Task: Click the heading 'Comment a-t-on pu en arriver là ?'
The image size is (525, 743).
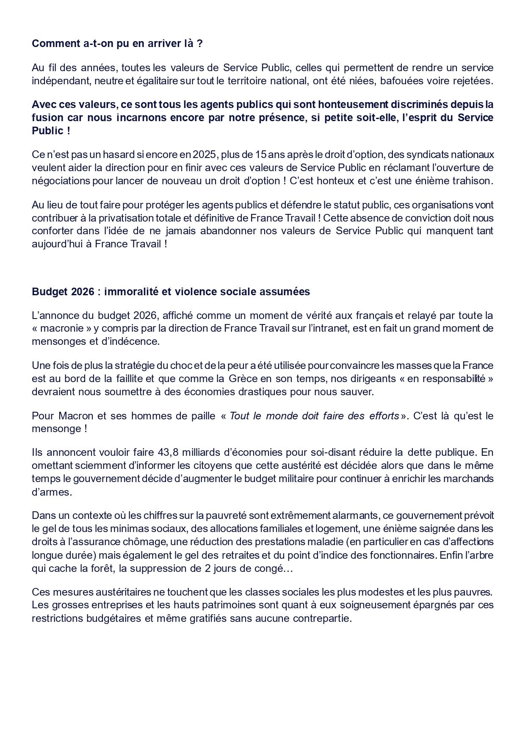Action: point(117,44)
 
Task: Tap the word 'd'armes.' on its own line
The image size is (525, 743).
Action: point(52,492)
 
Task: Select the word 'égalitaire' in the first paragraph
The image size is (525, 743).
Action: point(155,81)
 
